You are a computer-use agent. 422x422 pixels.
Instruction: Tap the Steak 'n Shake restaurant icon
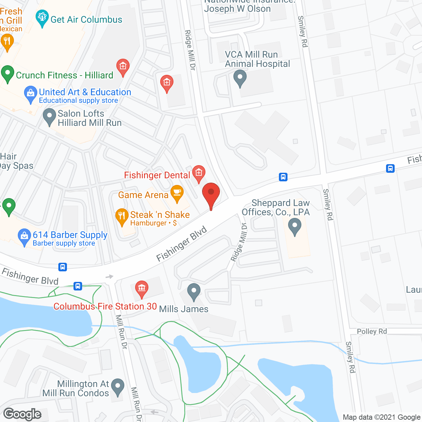122,216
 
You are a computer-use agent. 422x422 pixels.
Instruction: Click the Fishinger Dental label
157,175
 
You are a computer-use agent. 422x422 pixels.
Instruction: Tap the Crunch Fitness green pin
8,73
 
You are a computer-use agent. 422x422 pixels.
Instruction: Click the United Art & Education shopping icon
31,94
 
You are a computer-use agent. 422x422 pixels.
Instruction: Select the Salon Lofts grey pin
49,116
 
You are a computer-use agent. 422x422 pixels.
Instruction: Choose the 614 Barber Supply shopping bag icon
24,236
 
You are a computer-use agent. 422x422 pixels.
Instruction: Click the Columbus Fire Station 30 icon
141,288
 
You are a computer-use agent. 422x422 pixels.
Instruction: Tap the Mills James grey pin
194,291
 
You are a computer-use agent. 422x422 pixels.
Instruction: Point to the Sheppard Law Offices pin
294,226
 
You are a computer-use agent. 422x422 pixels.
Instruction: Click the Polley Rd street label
372,331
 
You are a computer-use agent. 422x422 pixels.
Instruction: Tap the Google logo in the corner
22,414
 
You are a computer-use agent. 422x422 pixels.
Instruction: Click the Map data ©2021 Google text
382,417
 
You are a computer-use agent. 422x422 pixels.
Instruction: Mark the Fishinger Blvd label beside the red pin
181,244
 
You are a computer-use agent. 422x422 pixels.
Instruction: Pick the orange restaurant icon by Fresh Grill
7,42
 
